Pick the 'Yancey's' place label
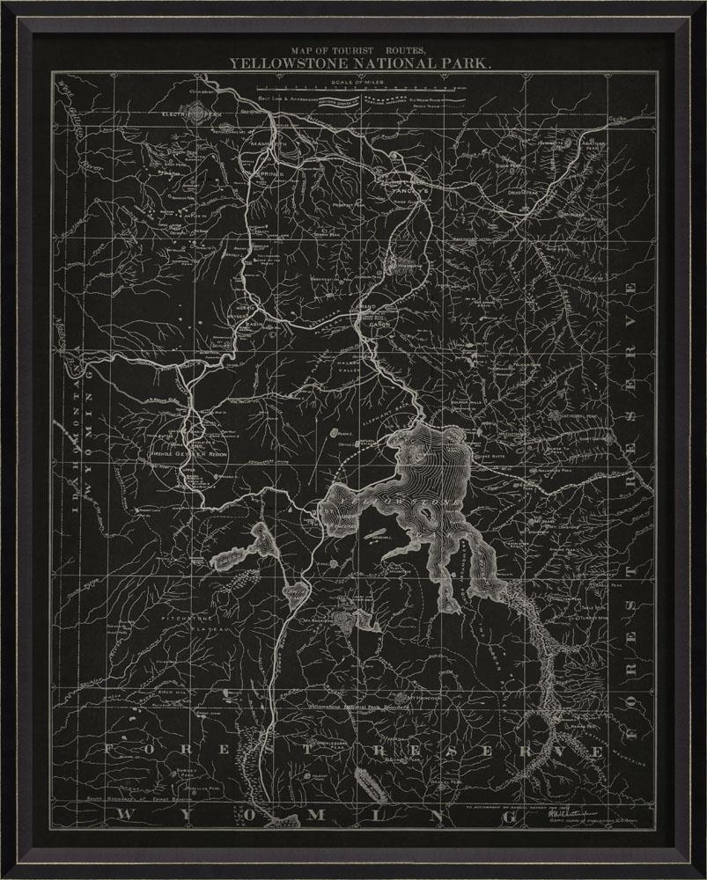point(398,192)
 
